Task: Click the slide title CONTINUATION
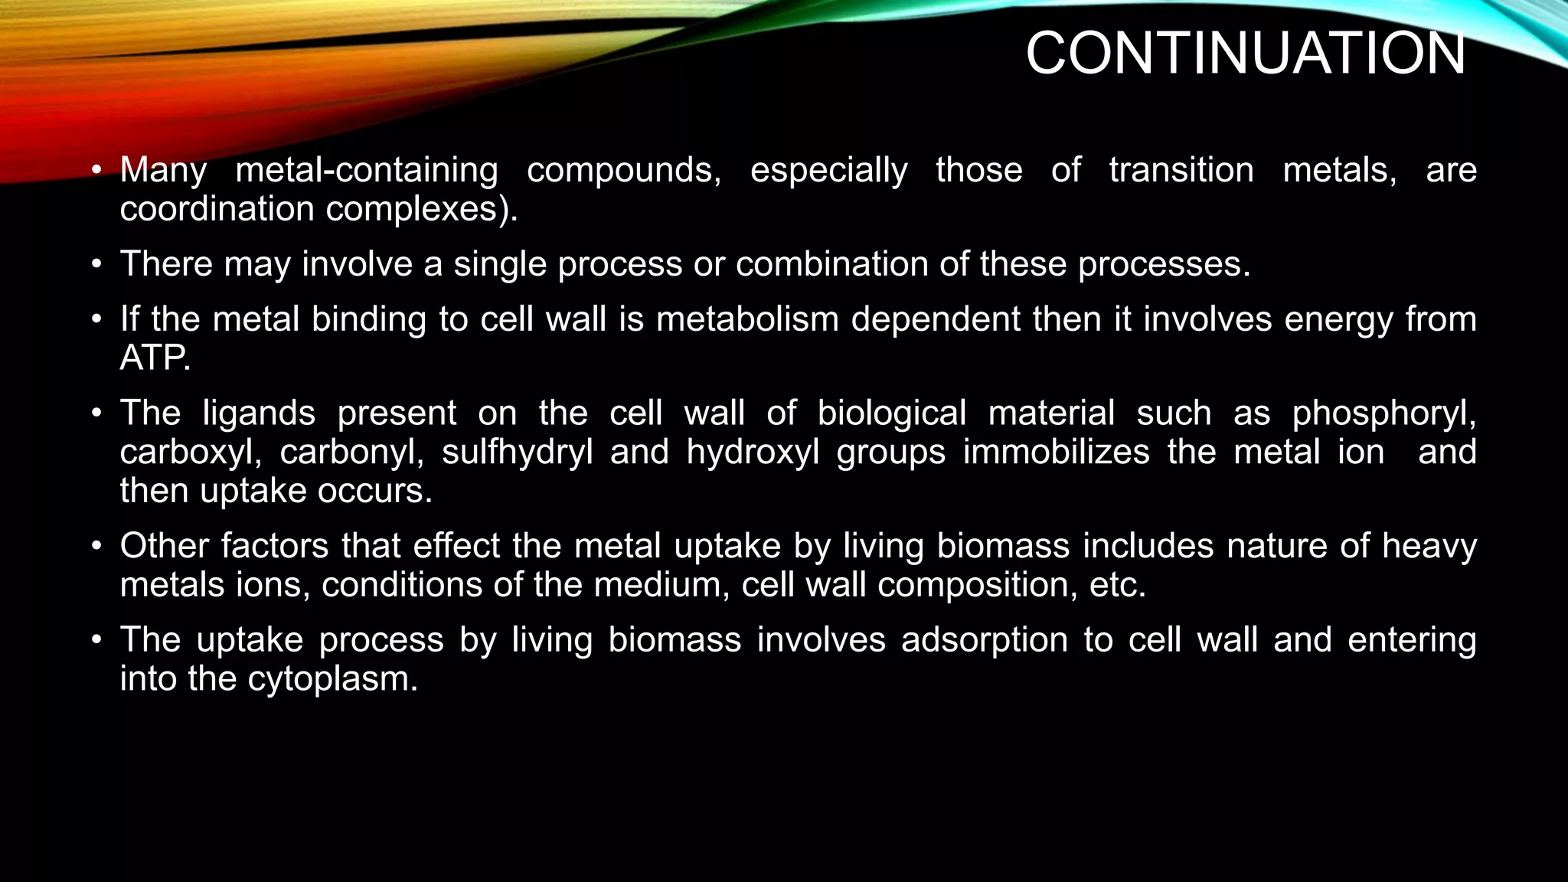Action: point(1245,54)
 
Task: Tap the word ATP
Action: point(154,358)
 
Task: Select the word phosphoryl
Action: point(1383,414)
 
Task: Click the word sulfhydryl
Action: point(517,452)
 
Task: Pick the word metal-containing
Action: point(367,170)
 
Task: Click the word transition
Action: point(1181,170)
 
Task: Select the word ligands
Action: point(259,414)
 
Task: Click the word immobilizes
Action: point(1056,452)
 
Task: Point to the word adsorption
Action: point(984,640)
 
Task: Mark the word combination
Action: point(831,264)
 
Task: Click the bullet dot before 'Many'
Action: point(96,170)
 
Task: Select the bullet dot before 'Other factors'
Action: point(96,547)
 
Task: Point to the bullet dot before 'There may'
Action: point(96,264)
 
